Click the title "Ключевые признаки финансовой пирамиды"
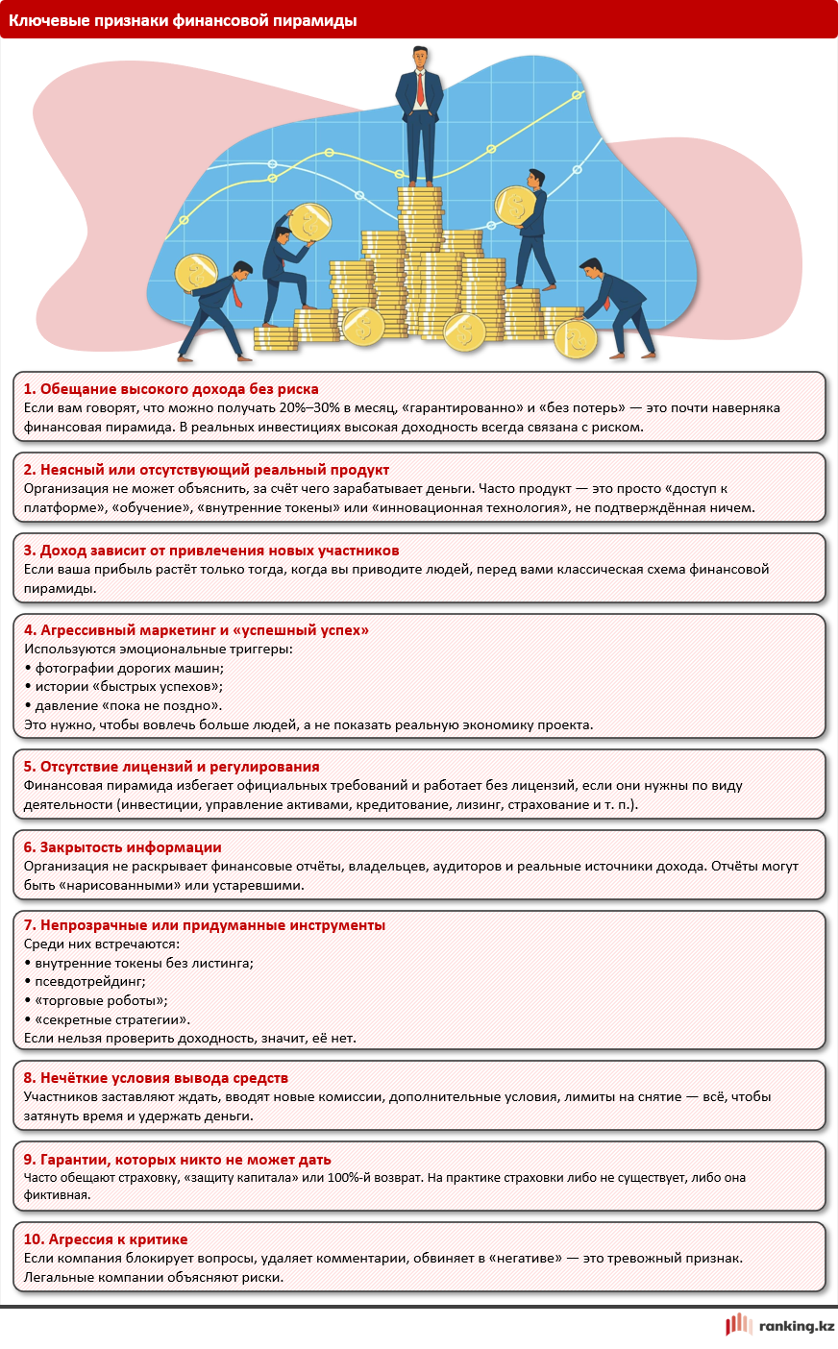[x=183, y=19]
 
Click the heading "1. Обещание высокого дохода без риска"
[x=171, y=389]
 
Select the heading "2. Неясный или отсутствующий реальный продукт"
[x=207, y=470]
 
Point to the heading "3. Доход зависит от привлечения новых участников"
[x=211, y=551]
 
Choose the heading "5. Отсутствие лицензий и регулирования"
[x=171, y=767]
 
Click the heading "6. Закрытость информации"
[x=123, y=847]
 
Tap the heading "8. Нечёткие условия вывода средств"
[x=156, y=1078]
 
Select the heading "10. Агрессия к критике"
[x=106, y=1239]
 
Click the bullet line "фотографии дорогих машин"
[x=129, y=668]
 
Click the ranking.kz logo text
[x=796, y=1326]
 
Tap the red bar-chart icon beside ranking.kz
[x=738, y=1325]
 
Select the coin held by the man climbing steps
[x=309, y=223]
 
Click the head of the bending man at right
[x=590, y=268]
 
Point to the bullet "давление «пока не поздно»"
[x=128, y=706]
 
